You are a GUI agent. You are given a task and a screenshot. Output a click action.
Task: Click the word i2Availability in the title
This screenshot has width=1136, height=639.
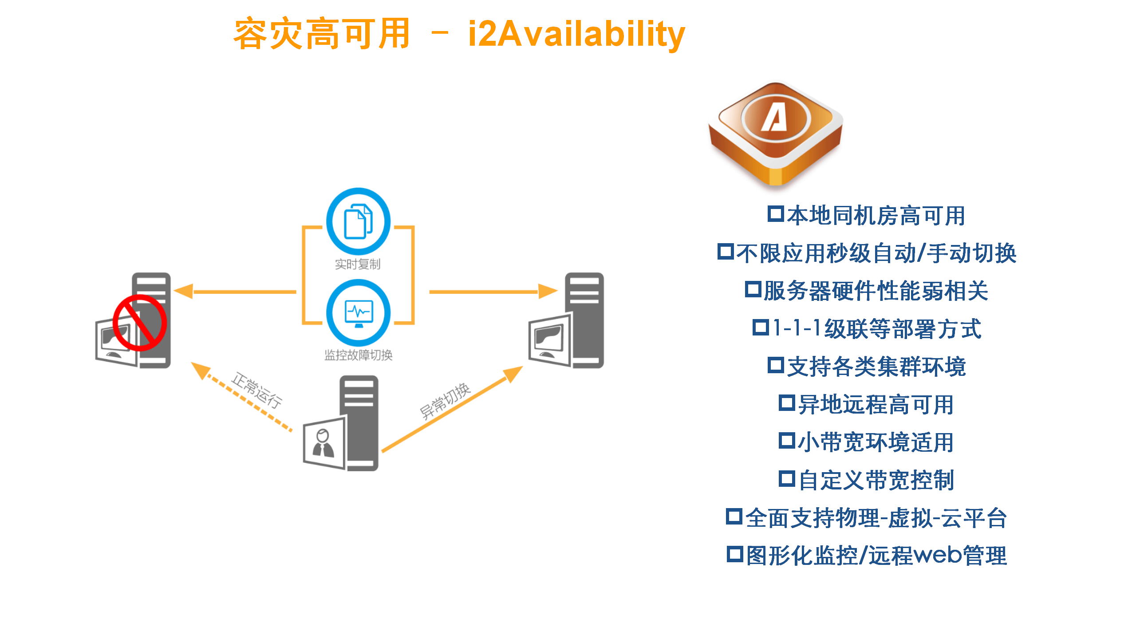click(576, 35)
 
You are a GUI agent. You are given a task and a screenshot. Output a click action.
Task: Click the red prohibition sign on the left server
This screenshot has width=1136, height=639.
click(139, 323)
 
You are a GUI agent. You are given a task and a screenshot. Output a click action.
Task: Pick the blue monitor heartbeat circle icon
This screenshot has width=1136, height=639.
click(358, 312)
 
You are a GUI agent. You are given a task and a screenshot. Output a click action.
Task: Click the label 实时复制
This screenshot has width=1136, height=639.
click(358, 264)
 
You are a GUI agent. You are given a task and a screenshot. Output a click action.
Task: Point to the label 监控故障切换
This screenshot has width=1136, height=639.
click(358, 355)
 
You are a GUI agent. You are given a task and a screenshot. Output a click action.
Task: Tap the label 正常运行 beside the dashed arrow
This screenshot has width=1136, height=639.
click(256, 390)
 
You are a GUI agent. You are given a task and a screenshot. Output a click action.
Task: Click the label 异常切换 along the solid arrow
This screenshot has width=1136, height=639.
click(445, 401)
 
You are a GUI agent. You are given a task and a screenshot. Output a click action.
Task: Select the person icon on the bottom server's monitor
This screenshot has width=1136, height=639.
click(323, 443)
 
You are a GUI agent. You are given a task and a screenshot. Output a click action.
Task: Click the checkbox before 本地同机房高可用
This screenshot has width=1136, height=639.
click(775, 214)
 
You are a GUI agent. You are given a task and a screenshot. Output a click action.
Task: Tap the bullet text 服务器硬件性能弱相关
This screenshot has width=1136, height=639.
click(876, 291)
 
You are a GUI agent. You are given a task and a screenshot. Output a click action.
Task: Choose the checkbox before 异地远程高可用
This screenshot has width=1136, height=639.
click(786, 403)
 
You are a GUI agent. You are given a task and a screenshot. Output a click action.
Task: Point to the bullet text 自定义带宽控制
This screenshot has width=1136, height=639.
click(876, 480)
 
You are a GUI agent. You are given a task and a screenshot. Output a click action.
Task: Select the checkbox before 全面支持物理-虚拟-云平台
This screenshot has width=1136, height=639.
click(734, 517)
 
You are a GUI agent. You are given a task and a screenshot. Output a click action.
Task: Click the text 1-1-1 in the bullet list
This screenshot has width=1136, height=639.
click(797, 328)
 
